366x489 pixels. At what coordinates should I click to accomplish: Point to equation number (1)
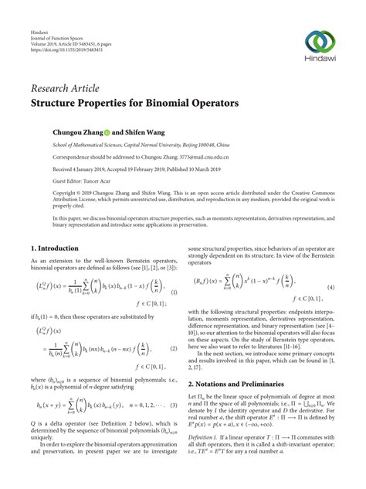[175, 292]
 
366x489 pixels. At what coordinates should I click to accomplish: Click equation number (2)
[175, 349]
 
